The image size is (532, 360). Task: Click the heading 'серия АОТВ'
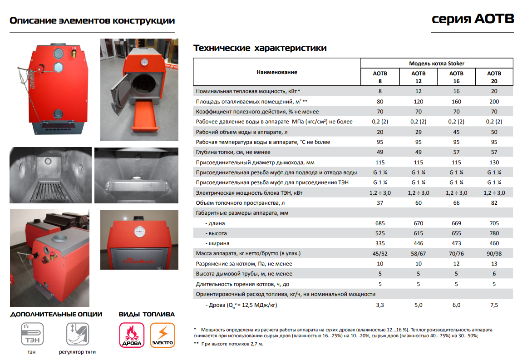click(473, 19)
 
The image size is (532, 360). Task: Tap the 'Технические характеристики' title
click(260, 48)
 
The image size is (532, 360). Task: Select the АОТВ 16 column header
click(456, 77)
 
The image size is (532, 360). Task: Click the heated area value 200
click(494, 102)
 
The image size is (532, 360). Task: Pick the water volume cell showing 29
click(418, 132)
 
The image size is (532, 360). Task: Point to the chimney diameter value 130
click(494, 163)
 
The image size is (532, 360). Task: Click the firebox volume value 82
click(494, 203)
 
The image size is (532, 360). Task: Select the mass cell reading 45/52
click(380, 253)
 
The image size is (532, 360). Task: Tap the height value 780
click(494, 233)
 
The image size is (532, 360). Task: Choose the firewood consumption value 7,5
click(494, 305)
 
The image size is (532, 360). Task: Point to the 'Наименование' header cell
click(277, 72)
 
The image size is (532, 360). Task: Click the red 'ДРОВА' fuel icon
click(132, 335)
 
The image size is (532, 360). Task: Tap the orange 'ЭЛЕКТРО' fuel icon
click(162, 335)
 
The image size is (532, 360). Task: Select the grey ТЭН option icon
click(32, 335)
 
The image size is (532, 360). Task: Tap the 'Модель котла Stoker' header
click(437, 64)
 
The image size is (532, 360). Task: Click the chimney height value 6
click(494, 274)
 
